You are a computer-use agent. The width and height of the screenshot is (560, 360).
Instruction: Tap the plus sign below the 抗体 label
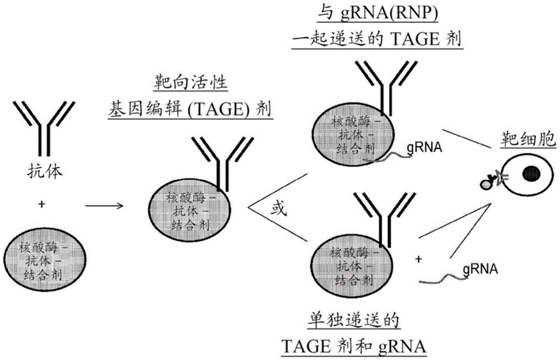pyautogui.click(x=41, y=204)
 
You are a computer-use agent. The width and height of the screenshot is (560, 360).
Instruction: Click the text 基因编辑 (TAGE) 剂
pyautogui.click(x=190, y=109)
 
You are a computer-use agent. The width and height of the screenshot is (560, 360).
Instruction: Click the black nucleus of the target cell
pyautogui.click(x=530, y=175)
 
